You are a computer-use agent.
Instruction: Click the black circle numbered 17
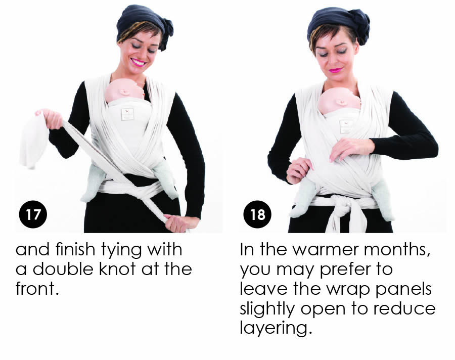33,214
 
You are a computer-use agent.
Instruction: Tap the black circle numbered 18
257,214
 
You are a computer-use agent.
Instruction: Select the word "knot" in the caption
117,269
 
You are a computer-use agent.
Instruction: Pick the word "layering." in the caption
276,328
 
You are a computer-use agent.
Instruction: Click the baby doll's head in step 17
125,90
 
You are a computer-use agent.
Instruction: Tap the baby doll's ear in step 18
340,102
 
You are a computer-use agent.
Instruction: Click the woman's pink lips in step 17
138,62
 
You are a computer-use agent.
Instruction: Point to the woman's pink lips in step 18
336,70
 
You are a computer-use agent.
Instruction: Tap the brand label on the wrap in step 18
346,126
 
